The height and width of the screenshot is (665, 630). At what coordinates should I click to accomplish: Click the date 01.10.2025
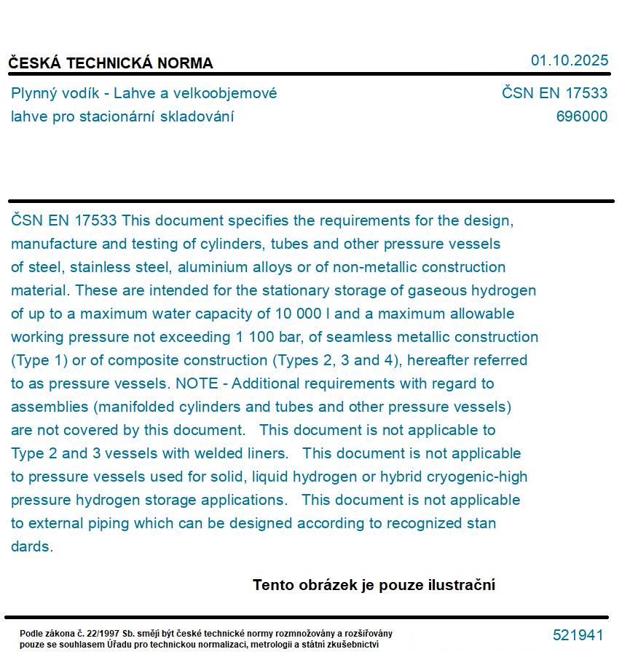tap(569, 60)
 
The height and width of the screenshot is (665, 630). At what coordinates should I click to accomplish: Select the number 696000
tap(581, 116)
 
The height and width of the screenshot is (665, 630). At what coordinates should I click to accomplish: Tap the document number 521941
tap(578, 635)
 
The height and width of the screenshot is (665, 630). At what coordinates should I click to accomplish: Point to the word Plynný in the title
tap(35, 94)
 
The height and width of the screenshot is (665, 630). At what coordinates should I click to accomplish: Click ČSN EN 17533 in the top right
tap(554, 93)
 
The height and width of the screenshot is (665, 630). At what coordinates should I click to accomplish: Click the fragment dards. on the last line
tap(32, 546)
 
